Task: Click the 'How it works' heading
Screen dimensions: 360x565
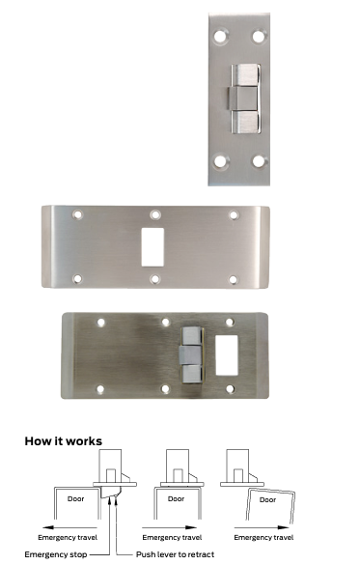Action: click(64, 441)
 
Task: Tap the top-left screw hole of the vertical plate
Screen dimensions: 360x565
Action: click(220, 36)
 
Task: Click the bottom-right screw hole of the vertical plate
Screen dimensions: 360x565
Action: click(259, 161)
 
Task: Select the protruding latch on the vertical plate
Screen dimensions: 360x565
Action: click(245, 99)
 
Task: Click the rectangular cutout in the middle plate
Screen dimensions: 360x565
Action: click(152, 247)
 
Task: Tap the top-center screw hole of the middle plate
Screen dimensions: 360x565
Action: click(155, 215)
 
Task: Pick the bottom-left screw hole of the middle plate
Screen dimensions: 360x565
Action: click(77, 278)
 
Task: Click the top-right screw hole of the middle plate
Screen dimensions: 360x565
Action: click(234, 215)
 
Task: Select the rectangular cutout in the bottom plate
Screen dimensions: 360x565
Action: click(227, 355)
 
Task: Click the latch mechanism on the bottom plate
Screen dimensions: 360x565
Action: click(191, 354)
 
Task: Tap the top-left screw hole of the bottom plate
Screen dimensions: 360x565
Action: click(101, 323)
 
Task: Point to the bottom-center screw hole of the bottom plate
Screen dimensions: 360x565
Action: click(165, 389)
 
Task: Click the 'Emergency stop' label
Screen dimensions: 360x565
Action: click(56, 554)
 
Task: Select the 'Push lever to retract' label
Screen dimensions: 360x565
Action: click(175, 554)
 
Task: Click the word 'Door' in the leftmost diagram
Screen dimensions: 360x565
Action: click(75, 499)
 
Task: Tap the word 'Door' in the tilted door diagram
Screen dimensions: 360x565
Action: click(268, 499)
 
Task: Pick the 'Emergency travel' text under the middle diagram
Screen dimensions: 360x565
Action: click(172, 538)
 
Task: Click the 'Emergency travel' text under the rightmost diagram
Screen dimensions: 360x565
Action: click(263, 538)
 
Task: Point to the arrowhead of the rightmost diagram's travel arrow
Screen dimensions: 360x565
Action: click(285, 527)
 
